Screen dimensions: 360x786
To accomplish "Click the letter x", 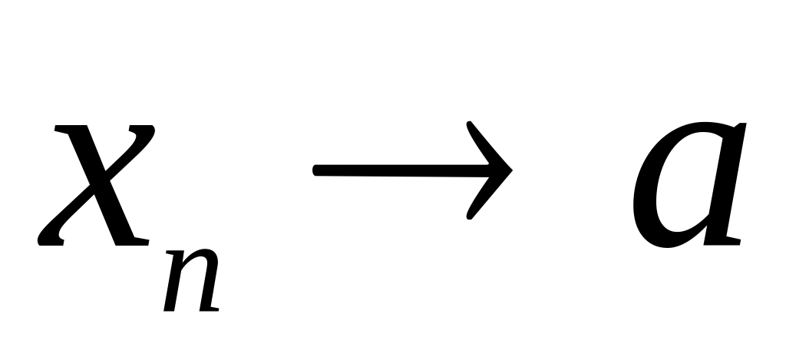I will [96, 184].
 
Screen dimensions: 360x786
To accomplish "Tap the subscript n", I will [192, 284].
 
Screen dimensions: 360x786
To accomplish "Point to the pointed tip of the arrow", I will [510, 173].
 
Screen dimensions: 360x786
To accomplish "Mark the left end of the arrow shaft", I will [316, 173].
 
